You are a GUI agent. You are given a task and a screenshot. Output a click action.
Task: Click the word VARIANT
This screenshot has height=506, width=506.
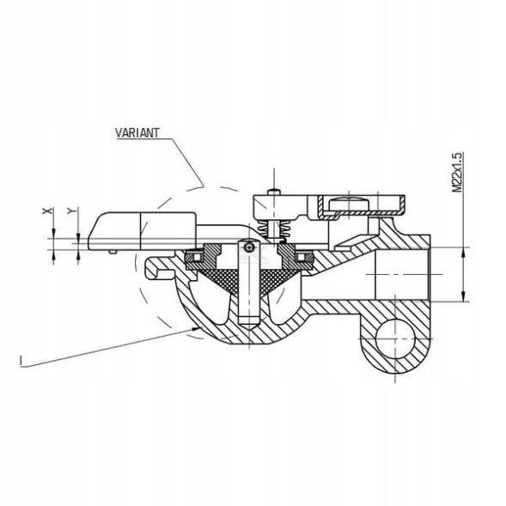click(x=137, y=132)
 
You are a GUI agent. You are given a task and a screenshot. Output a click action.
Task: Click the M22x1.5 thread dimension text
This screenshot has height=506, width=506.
click(x=457, y=173)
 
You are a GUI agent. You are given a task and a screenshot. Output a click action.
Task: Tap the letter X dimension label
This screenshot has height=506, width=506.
click(x=47, y=210)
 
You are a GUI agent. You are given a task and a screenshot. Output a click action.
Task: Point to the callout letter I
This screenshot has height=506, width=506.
click(x=21, y=360)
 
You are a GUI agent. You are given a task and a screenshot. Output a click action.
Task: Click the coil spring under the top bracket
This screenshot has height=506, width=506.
click(x=273, y=229)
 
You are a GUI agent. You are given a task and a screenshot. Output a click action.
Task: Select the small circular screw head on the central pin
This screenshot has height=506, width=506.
click(x=248, y=247)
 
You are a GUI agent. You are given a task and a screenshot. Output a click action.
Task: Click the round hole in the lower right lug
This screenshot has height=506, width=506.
click(x=395, y=338)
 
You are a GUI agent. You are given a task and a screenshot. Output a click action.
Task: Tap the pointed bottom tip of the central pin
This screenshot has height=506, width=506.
click(x=248, y=329)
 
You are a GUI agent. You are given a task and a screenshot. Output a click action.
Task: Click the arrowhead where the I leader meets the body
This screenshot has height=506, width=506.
click(x=196, y=328)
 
